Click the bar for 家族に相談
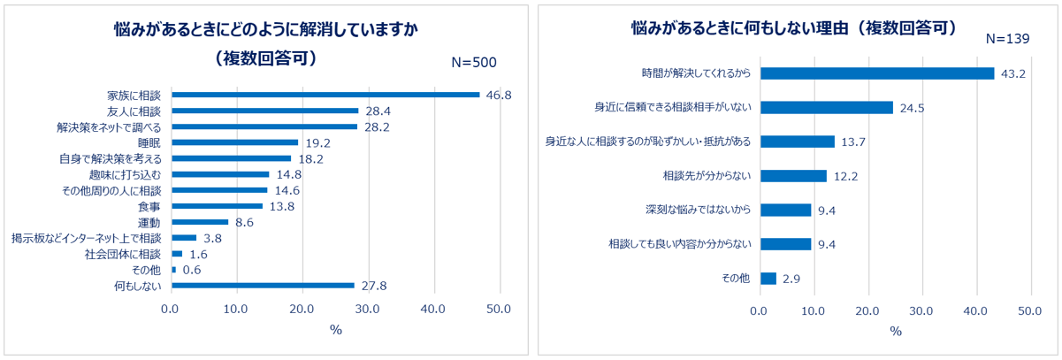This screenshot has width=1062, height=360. tap(325, 95)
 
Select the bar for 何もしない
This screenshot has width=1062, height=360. tap(263, 286)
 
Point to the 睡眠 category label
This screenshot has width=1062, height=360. tap(149, 142)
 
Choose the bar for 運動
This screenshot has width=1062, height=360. tap(200, 222)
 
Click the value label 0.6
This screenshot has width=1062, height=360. tap(191, 270)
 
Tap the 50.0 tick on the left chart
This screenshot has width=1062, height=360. tap(499, 309)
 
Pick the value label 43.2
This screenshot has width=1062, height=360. tap(1012, 73)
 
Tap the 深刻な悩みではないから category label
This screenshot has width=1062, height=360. tap(699, 210)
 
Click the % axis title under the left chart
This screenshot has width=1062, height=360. tap(335, 330)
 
